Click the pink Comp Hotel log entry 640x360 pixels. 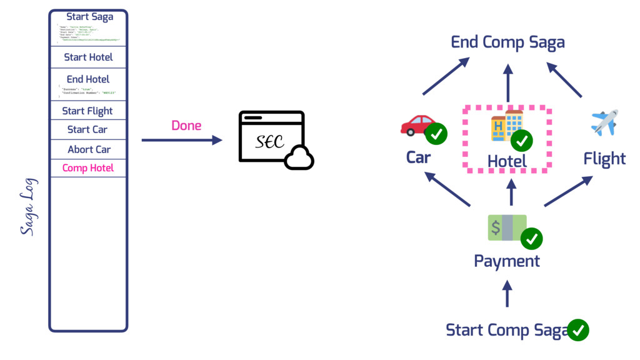click(x=88, y=168)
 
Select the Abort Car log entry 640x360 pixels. click(x=89, y=149)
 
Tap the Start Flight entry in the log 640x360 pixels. click(x=87, y=111)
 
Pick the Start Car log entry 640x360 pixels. click(x=87, y=130)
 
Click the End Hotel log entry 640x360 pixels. click(x=88, y=79)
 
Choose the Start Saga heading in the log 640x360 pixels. click(x=90, y=17)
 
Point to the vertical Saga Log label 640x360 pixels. click(x=27, y=207)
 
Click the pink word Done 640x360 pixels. click(x=186, y=126)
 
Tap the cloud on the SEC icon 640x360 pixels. click(x=299, y=159)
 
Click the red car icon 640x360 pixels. click(x=417, y=125)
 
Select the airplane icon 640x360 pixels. click(x=604, y=122)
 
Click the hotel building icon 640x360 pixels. click(x=506, y=125)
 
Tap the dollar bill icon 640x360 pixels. click(x=507, y=227)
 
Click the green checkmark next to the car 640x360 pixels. click(x=436, y=134)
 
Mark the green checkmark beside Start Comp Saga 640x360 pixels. click(x=578, y=330)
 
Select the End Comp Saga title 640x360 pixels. click(x=507, y=42)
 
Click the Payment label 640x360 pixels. click(x=507, y=261)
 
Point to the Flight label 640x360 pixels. click(x=604, y=159)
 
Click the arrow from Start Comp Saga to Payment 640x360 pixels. click(x=507, y=293)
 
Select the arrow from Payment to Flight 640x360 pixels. click(x=568, y=191)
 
